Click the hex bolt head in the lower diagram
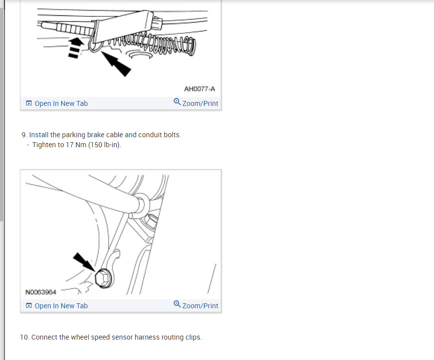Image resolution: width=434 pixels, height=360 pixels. (103, 278)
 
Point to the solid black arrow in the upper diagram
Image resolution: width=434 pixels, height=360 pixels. (116, 64)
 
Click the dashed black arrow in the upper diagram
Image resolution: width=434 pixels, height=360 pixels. (75, 48)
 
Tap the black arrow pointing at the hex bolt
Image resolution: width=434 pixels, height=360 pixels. (84, 262)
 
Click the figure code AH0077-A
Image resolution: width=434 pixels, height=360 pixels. (199, 89)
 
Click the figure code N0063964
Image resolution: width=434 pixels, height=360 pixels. (41, 292)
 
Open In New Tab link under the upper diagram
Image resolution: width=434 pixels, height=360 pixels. (61, 103)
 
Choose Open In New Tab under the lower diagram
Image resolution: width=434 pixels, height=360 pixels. (61, 306)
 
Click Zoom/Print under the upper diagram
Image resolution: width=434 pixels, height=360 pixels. (200, 103)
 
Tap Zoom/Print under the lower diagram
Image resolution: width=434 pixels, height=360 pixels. (200, 306)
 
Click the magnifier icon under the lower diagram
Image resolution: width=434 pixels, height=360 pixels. (177, 304)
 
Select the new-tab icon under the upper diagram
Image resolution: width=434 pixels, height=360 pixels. (29, 103)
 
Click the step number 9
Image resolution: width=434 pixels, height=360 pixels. (24, 135)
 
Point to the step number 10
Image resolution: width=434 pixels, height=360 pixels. (24, 337)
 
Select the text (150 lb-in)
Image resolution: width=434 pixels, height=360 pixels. (104, 145)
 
